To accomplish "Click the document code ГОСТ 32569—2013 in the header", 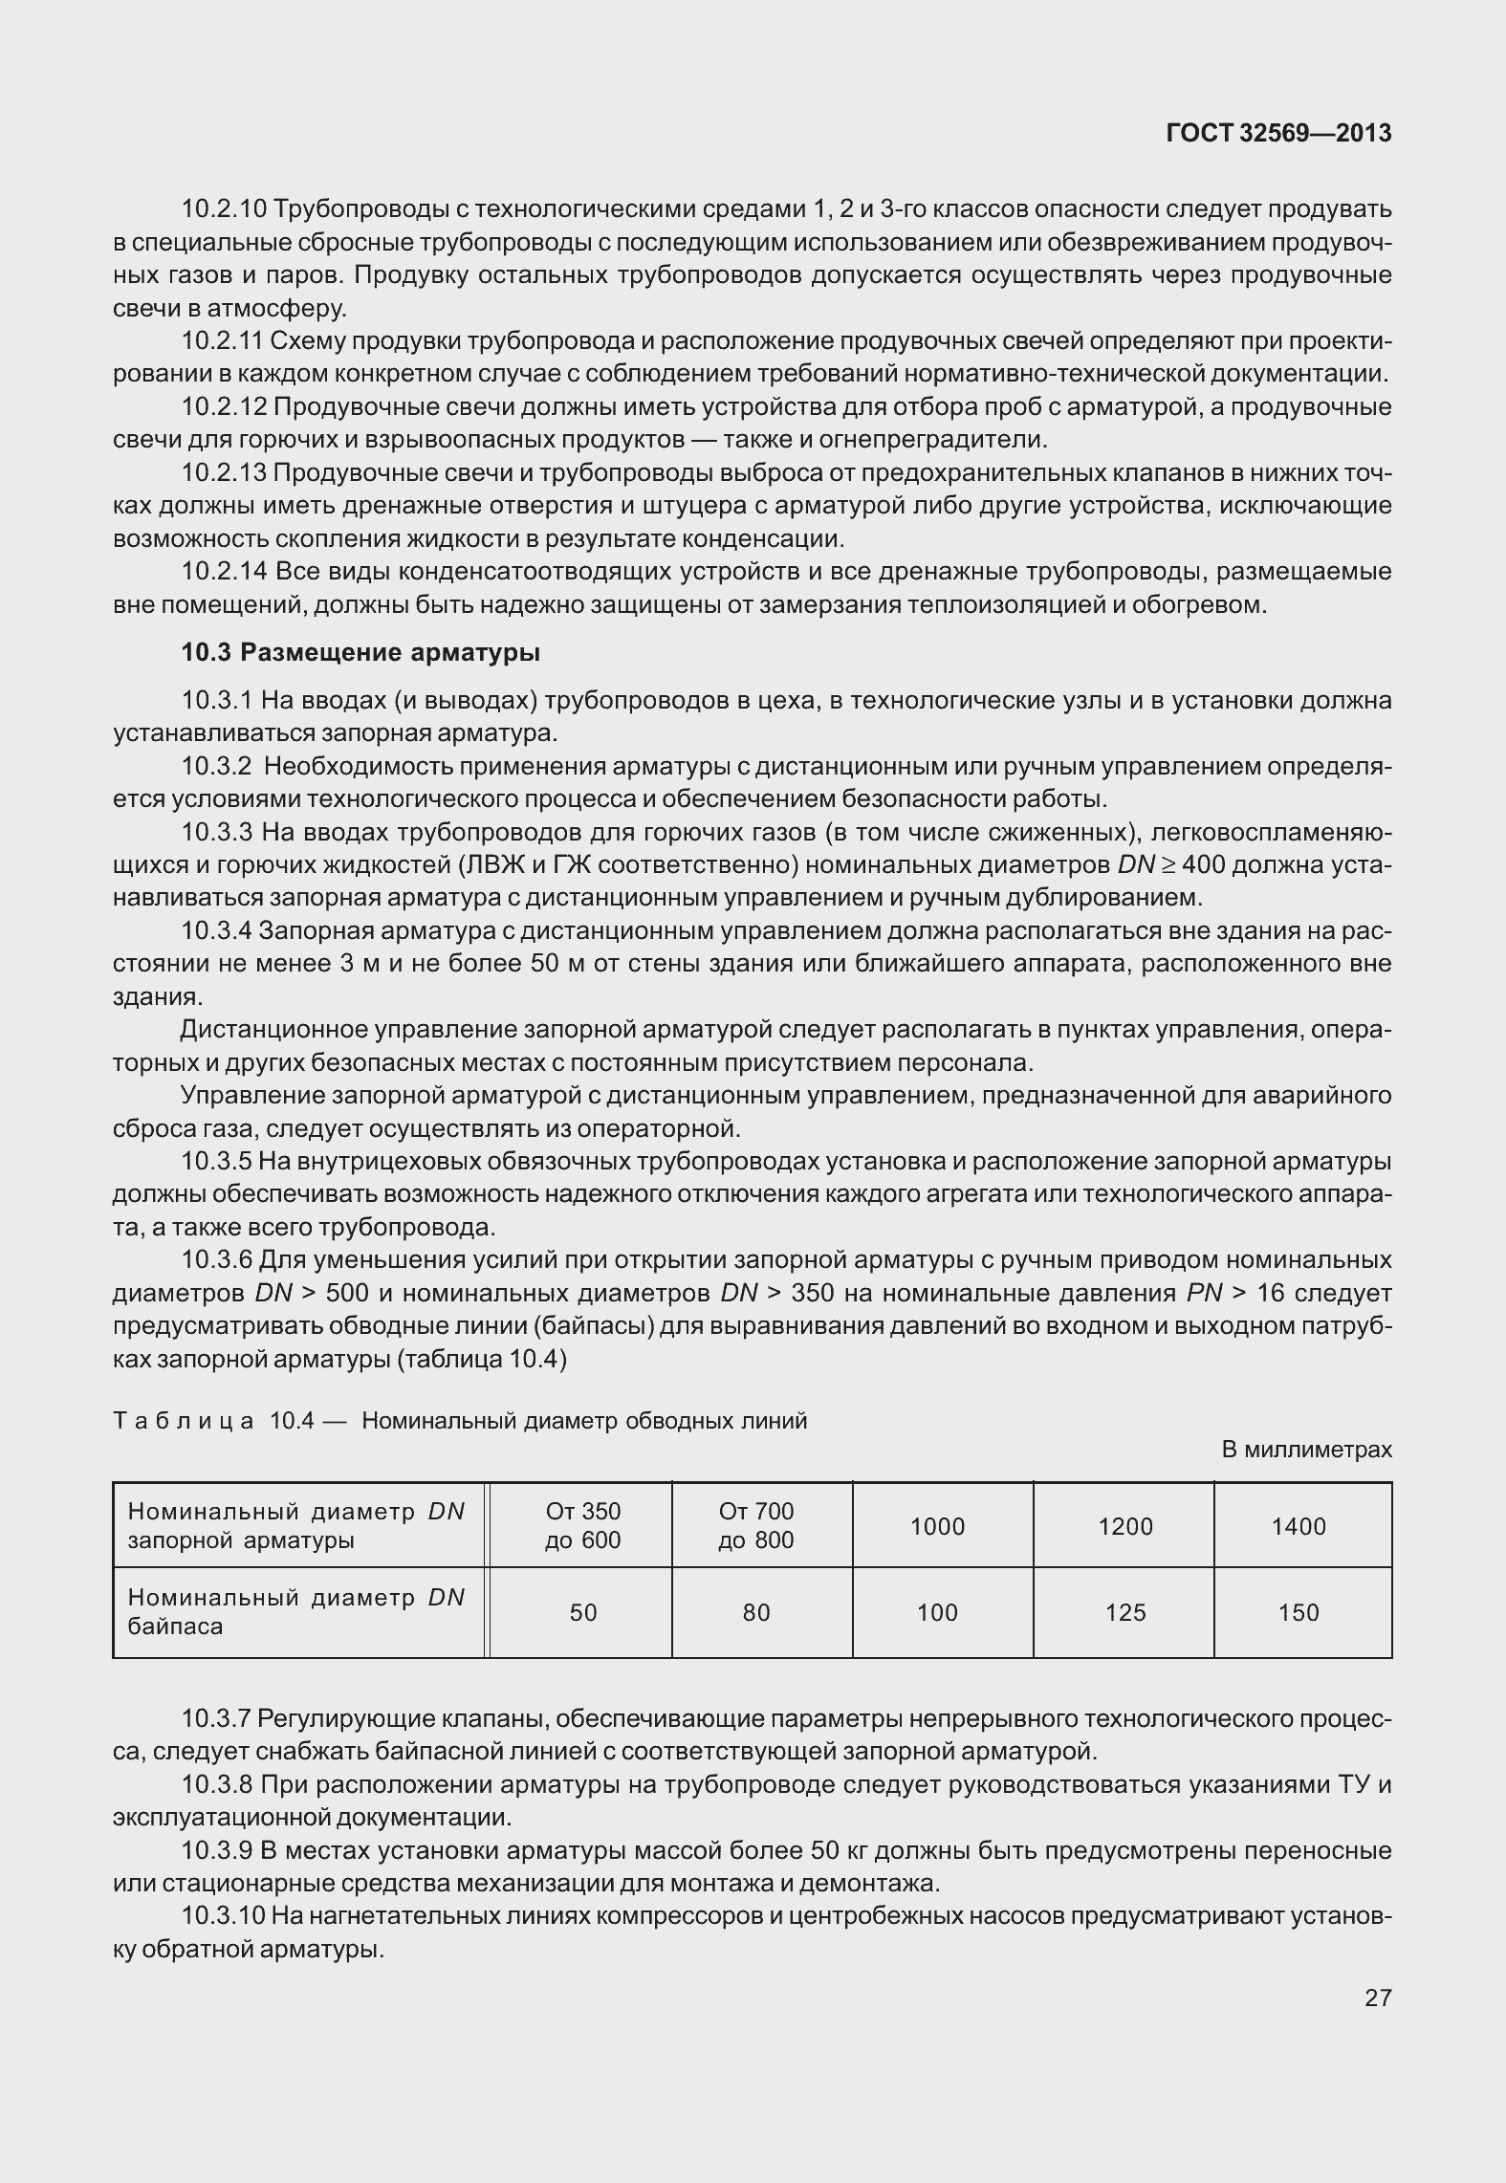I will tap(1278, 133).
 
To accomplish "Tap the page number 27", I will tap(1377, 1997).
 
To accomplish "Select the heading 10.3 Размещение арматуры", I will tap(360, 653).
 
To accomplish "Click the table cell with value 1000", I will tap(937, 1526).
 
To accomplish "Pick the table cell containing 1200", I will tap(1125, 1526).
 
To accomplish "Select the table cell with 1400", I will tap(1299, 1526).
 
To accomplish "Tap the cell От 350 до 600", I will tap(582, 1525).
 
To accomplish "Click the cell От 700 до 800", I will tap(755, 1525).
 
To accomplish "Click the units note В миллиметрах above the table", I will tap(1306, 1450).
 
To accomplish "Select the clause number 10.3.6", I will tap(217, 1260).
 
